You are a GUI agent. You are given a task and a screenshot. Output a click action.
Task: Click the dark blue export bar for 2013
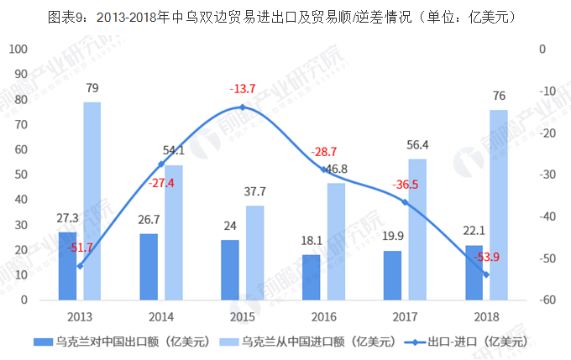point(67,265)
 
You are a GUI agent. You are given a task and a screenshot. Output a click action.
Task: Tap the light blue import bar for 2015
point(254,252)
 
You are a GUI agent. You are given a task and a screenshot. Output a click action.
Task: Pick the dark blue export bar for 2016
point(312,277)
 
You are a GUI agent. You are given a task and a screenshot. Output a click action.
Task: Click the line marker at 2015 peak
point(243,107)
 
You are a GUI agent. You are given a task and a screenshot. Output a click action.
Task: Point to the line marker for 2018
point(486,274)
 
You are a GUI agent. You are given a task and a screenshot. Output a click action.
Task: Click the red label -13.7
point(243,89)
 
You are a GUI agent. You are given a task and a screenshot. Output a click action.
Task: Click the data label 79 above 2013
point(92,87)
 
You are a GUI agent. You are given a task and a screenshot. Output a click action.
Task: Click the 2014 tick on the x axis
point(161,316)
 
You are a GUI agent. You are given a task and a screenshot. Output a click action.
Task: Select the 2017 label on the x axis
point(405,316)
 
